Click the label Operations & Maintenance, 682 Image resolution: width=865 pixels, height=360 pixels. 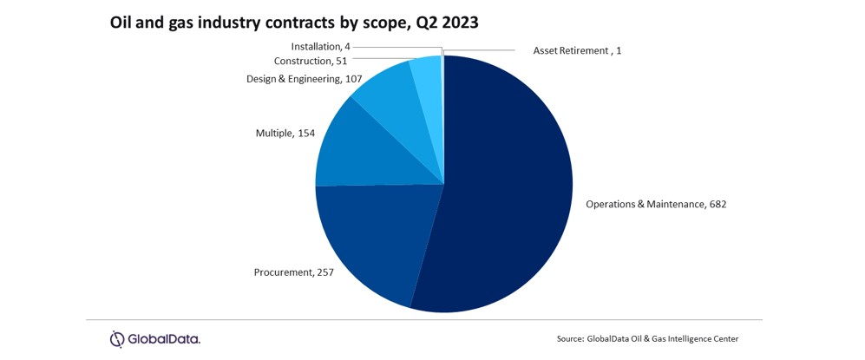655,205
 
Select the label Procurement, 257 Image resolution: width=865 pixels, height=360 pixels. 293,272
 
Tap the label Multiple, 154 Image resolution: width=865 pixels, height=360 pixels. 285,134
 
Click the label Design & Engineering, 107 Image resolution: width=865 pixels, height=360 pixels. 292,79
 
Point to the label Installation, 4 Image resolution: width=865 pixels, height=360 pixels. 320,47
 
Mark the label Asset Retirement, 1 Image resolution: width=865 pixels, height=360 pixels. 577,51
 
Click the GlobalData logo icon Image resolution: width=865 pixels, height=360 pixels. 117,339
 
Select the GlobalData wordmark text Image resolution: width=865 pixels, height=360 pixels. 165,339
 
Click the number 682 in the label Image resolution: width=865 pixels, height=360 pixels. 716,205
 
